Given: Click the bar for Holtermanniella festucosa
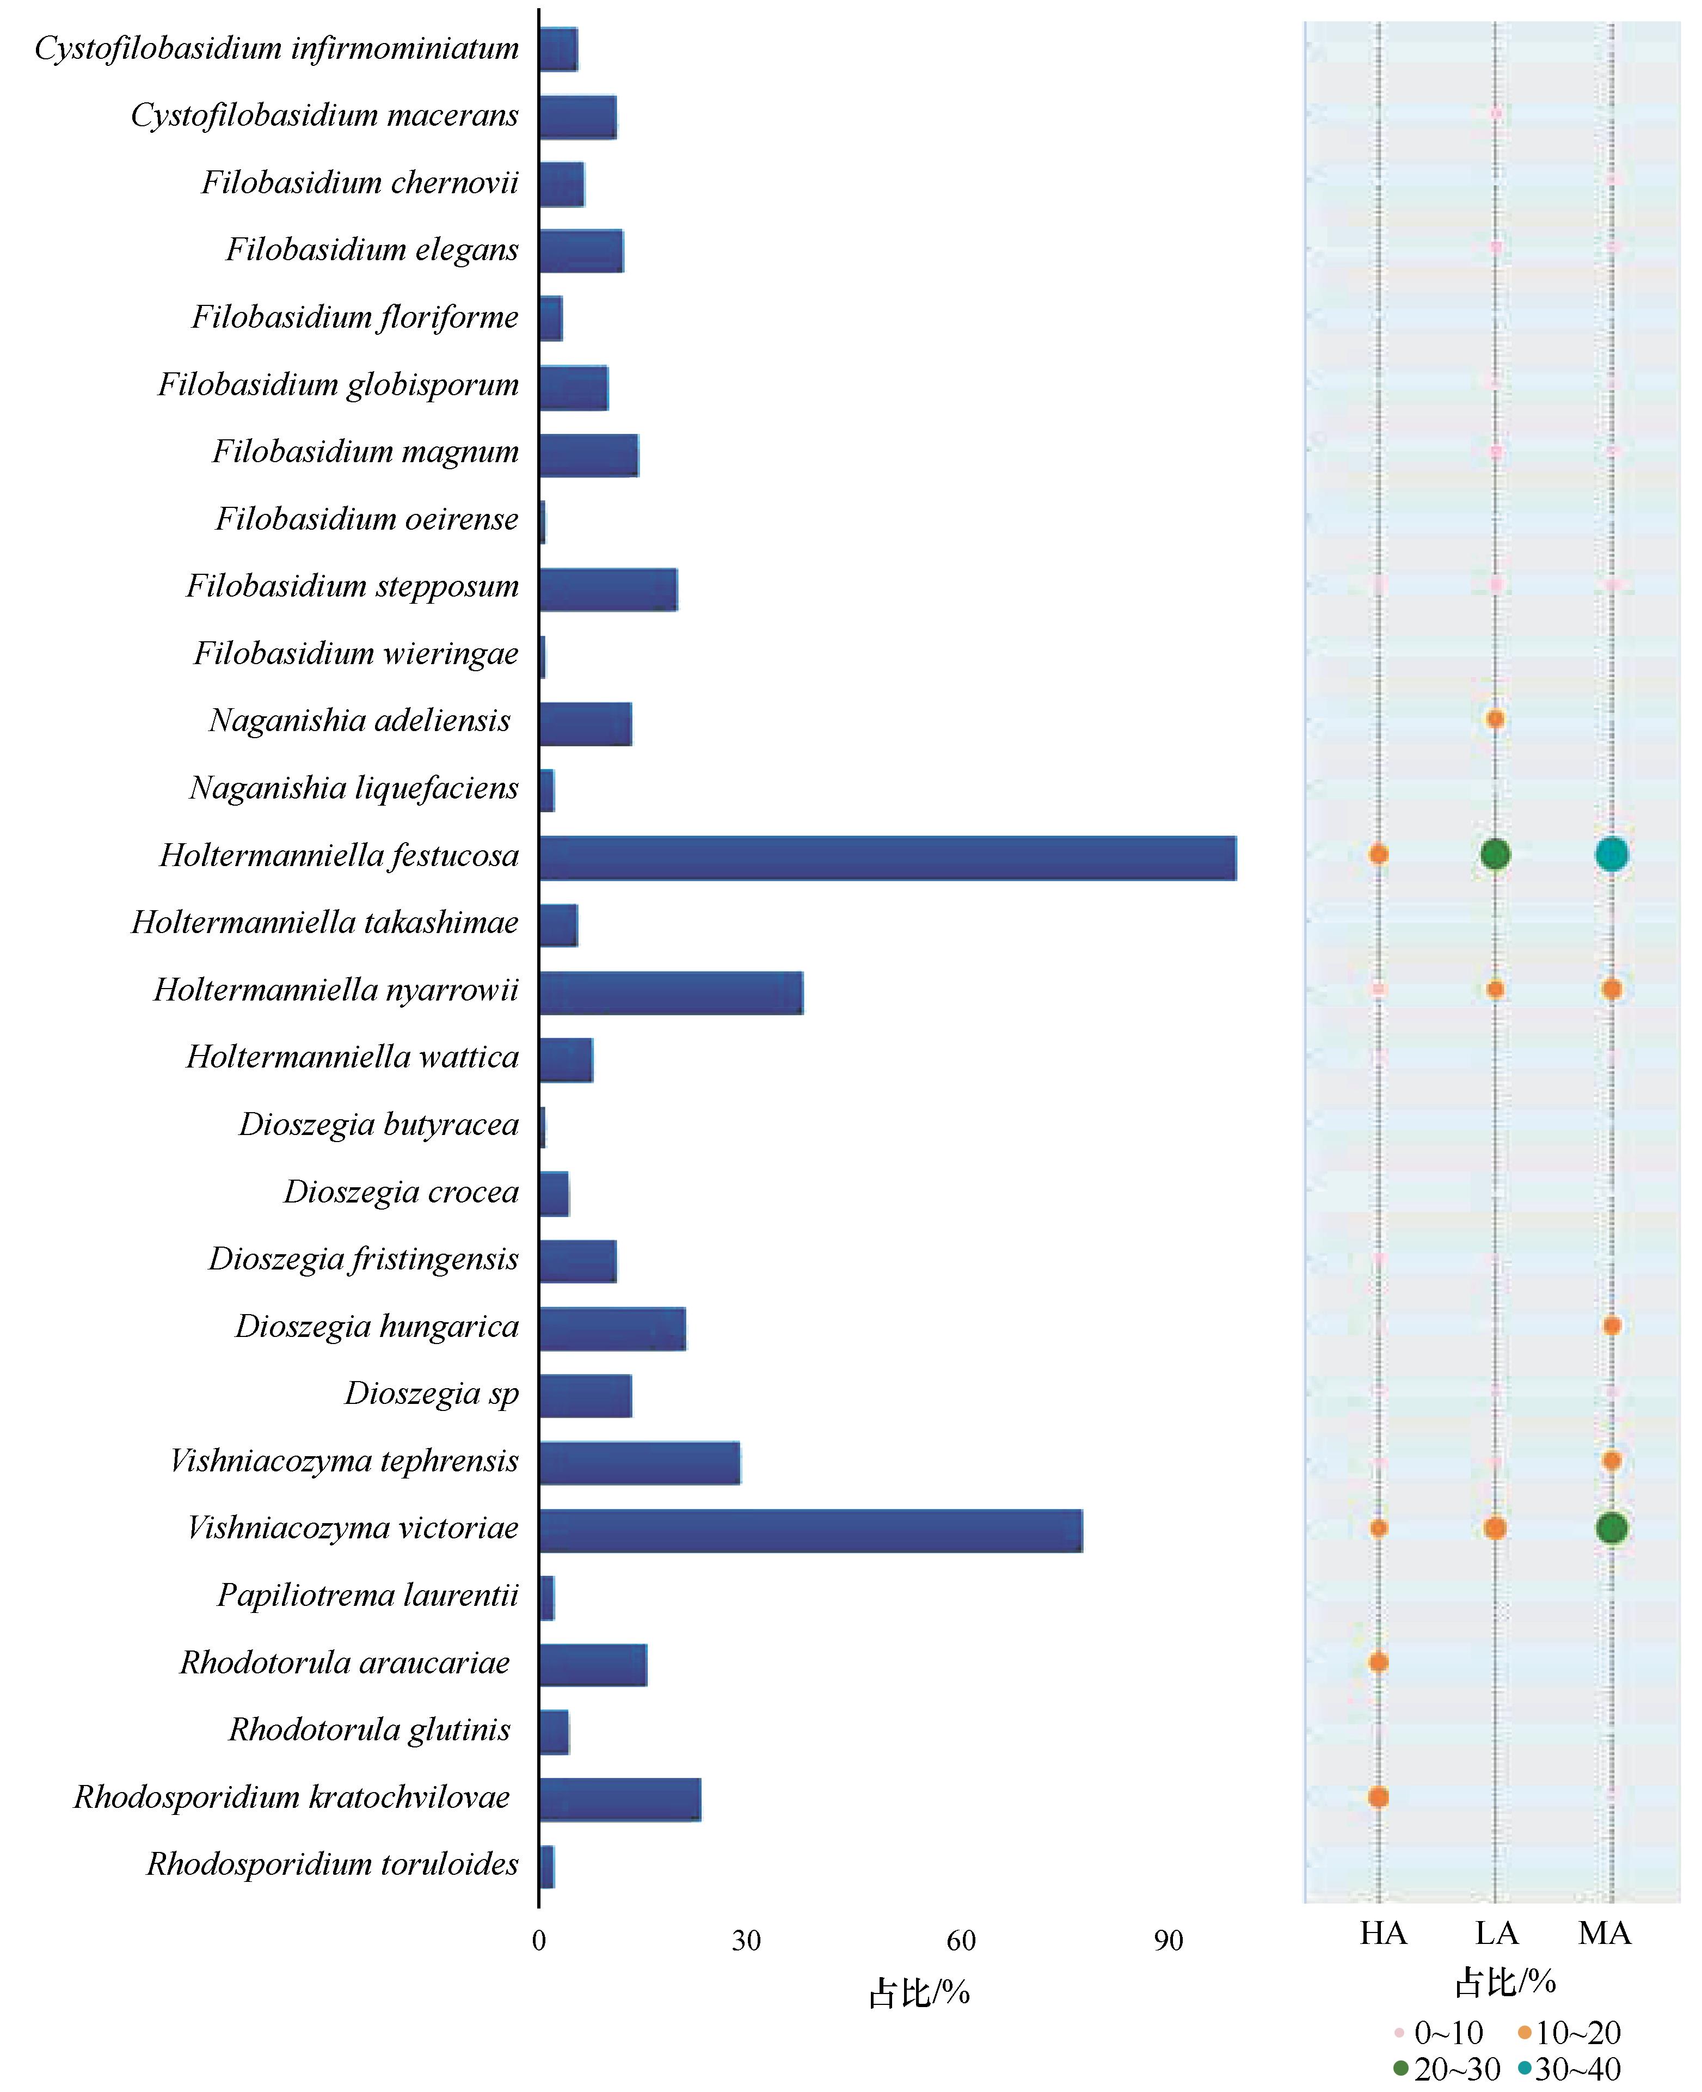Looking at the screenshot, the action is (x=887, y=858).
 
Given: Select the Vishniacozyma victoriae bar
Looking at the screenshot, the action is (x=811, y=1530).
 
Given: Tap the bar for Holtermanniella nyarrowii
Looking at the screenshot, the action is (x=671, y=993).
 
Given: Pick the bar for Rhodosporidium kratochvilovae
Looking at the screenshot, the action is (x=619, y=1799).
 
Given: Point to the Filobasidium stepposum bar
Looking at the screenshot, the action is (x=608, y=589).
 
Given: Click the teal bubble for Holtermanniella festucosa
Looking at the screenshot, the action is (x=1611, y=854).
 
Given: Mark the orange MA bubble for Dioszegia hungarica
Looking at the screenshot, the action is (x=1611, y=1326).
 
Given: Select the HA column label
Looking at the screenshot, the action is (x=1383, y=1933).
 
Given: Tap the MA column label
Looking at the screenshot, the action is (x=1605, y=1933).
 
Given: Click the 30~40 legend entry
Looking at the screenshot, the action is (x=1569, y=2069).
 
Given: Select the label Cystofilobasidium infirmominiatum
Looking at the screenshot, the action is (x=277, y=49).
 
